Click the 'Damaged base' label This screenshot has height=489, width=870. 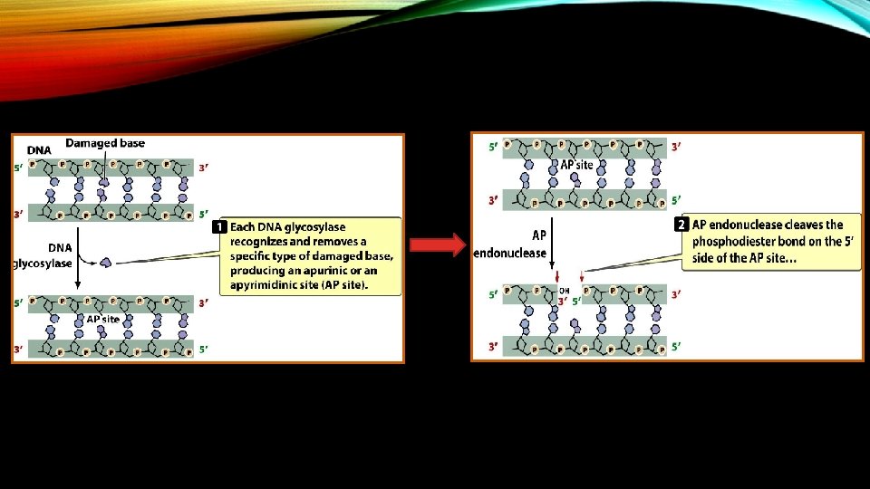(105, 143)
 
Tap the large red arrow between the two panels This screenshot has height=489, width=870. (439, 244)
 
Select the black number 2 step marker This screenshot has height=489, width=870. (683, 225)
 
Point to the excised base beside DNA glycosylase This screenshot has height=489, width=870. (106, 263)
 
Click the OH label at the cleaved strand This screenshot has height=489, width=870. (564, 291)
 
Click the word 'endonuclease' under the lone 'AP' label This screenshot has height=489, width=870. (510, 253)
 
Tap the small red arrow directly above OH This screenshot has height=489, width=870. (562, 275)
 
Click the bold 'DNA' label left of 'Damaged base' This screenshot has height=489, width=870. (39, 150)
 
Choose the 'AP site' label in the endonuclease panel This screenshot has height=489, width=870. (576, 165)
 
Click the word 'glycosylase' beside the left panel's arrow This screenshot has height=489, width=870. (43, 264)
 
